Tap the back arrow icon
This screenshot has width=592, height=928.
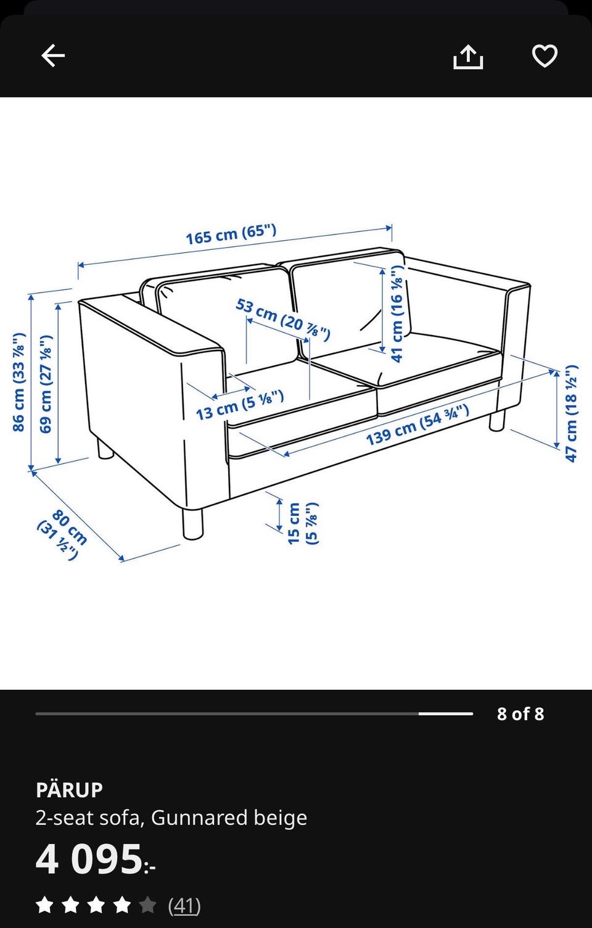pos(53,56)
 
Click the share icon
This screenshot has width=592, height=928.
pos(468,56)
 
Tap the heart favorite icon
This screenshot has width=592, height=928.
pos(545,56)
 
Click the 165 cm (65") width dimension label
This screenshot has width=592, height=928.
pos(231,234)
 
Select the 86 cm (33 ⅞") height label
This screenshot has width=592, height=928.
pos(19,382)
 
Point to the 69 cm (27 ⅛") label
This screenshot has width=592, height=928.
pos(46,384)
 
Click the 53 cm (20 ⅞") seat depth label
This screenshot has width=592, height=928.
pos(283,320)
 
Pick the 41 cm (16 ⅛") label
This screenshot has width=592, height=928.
pos(397,313)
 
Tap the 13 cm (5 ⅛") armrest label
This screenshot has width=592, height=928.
pos(240,405)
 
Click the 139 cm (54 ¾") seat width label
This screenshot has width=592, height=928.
pos(417,425)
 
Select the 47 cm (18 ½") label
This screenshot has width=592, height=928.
pos(571,413)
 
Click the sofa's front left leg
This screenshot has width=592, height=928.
pos(192,524)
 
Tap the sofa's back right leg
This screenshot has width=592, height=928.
pos(497,421)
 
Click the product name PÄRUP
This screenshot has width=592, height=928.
pos(69,790)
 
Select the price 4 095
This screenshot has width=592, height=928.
pos(96,859)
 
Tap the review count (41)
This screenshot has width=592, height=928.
pos(184,905)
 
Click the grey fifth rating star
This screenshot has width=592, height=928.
pos(147,905)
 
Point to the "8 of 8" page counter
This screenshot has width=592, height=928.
pos(520,713)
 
